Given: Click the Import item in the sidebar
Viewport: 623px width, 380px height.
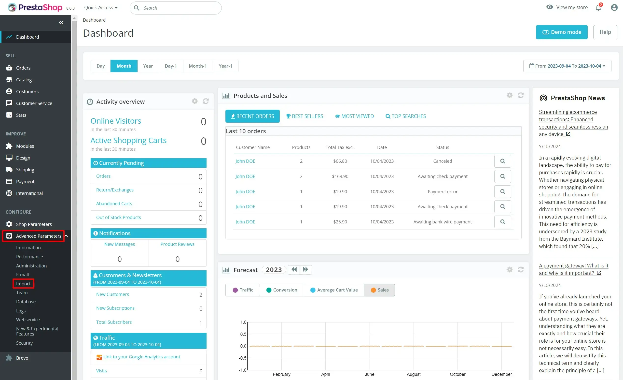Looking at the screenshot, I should (x=23, y=284).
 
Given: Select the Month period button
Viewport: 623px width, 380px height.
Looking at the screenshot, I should (x=124, y=66).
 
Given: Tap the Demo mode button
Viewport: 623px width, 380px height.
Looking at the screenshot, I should (x=562, y=32).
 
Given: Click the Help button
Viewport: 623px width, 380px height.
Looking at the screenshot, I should (x=605, y=32).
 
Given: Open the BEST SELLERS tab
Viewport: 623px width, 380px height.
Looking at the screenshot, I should (x=305, y=116).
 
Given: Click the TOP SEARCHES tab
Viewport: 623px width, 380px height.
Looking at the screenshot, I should (x=406, y=116).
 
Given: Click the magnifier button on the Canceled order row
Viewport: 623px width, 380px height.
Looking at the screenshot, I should (x=502, y=161).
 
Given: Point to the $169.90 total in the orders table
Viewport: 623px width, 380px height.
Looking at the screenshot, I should (x=340, y=176).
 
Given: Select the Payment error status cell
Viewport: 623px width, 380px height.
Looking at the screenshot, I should (x=442, y=191).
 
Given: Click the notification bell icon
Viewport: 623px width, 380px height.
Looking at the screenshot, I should (x=598, y=8).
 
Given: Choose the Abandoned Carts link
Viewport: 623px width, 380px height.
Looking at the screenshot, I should (x=114, y=204).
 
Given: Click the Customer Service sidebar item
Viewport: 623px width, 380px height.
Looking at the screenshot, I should (x=34, y=103).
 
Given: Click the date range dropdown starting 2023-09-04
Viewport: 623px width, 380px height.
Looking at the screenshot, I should (x=567, y=66).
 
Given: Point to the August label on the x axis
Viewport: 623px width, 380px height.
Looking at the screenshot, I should (x=413, y=374).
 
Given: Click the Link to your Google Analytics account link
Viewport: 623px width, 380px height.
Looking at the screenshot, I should (x=142, y=357).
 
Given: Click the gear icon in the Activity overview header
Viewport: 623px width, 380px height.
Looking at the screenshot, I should (x=194, y=102).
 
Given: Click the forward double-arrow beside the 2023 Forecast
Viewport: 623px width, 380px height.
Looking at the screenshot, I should (x=305, y=270).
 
